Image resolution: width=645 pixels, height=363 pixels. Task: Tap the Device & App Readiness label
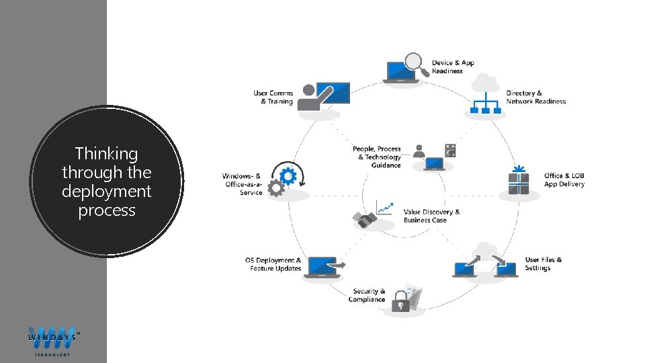pos(453,67)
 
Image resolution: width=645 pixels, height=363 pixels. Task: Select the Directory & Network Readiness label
pos(535,97)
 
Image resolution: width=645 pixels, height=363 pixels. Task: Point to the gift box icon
pos(519,181)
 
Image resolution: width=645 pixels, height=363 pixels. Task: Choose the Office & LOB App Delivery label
pos(564,180)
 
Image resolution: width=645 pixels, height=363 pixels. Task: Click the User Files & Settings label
pos(544,264)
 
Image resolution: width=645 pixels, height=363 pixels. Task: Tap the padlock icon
pos(401,300)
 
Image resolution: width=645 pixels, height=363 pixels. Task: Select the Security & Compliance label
pos(367,296)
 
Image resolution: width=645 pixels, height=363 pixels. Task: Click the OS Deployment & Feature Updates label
pos(273,264)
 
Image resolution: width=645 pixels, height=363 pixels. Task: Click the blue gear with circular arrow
pos(288,176)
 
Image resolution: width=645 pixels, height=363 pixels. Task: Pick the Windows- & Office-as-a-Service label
pos(242,184)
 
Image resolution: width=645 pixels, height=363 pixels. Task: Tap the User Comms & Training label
pos(273,97)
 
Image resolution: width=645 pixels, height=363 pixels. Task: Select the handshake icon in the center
pos(365,220)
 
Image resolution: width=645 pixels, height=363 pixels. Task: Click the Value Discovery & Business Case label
pos(431,216)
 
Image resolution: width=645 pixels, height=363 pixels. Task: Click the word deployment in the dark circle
pos(107,192)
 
